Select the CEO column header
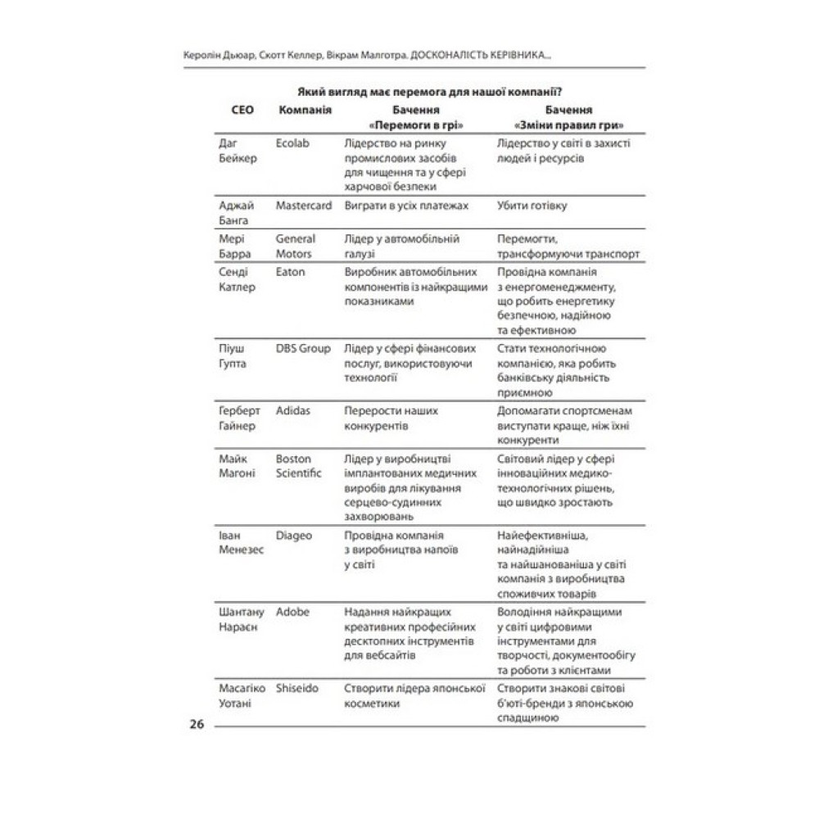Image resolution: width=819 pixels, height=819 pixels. coord(234,111)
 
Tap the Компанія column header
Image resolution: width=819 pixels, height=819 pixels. coord(305,111)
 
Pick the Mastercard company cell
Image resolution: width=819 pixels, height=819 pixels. coord(304,206)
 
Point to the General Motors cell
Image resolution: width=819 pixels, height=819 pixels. coord(296,247)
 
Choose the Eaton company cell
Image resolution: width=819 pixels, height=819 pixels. coord(291,272)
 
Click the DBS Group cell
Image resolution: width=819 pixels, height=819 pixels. coord(303,348)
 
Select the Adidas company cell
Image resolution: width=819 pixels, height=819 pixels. coord(293,410)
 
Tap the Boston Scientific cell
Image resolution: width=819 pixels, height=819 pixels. coord(299,466)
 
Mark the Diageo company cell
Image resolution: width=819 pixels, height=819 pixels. coord(294,536)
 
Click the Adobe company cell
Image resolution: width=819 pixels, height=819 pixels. coord(292,612)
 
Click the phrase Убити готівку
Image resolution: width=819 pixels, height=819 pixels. coord(532,206)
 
